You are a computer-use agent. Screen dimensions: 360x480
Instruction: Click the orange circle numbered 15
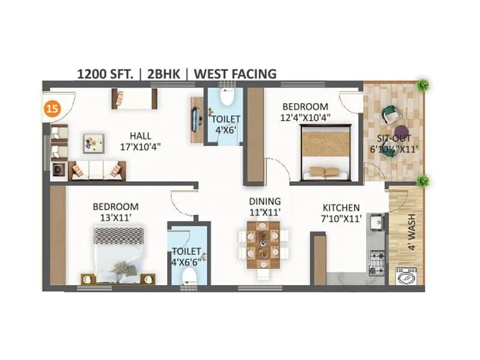click(x=53, y=109)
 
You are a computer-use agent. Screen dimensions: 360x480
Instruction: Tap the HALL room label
click(x=140, y=136)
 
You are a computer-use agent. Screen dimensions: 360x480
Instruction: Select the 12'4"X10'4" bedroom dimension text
click(x=307, y=118)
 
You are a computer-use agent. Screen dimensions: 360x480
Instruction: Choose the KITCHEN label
click(x=340, y=208)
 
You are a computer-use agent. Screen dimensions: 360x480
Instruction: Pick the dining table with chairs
click(x=263, y=245)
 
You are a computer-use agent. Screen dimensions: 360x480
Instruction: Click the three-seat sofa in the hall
click(x=97, y=170)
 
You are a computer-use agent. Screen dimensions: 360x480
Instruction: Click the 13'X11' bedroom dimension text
click(x=116, y=217)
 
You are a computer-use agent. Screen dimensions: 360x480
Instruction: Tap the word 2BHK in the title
click(x=163, y=74)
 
